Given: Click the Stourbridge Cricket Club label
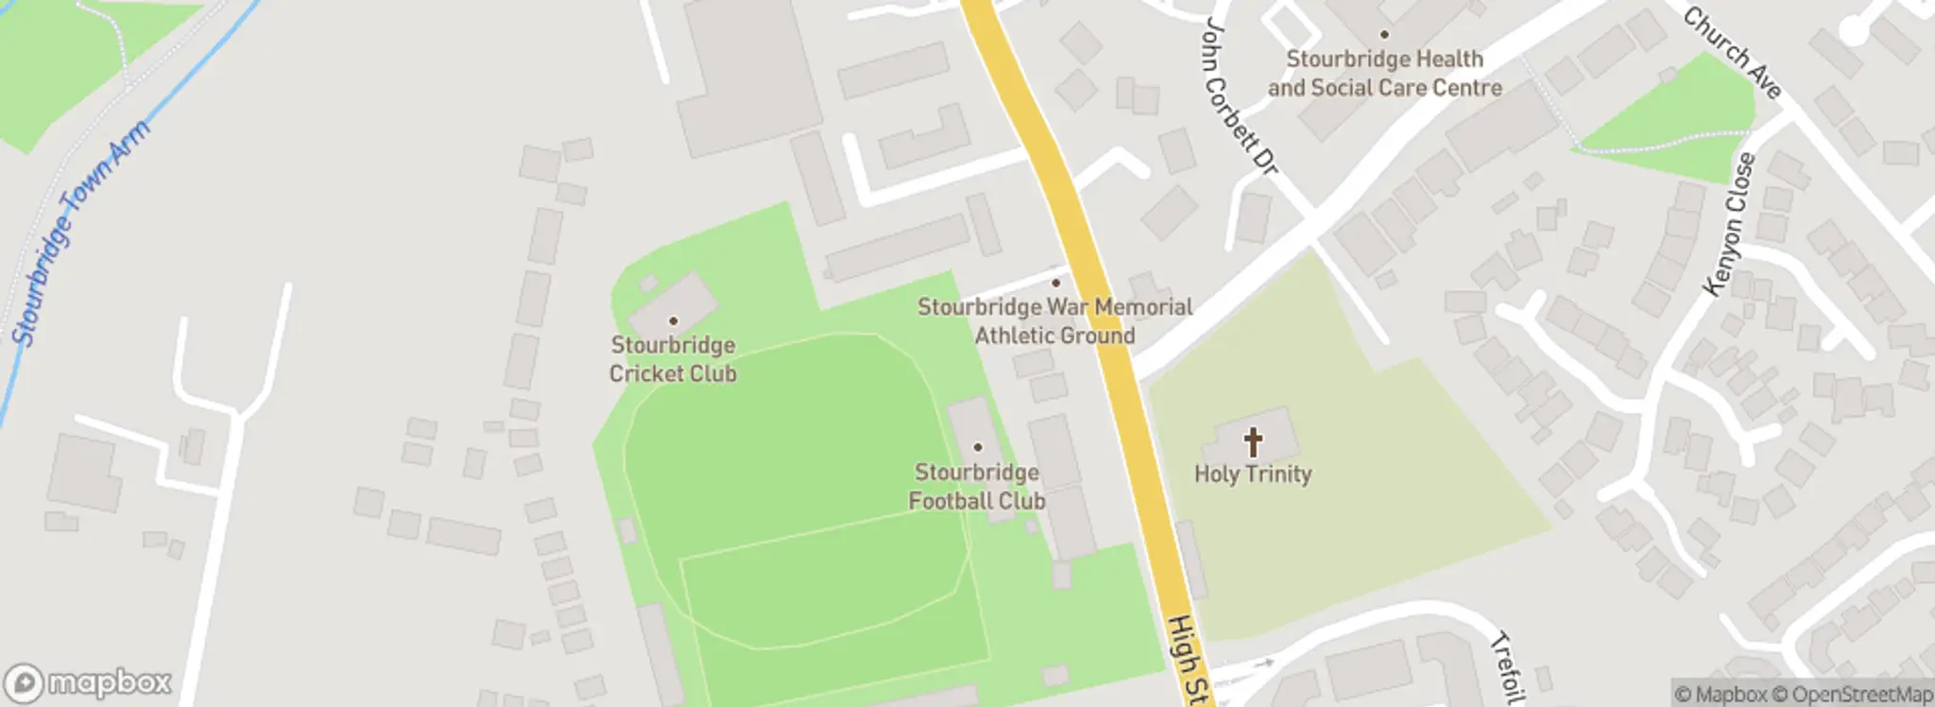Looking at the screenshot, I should (673, 359).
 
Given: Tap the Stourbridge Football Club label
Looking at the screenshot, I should (977, 487).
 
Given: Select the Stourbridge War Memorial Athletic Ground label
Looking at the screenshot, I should (1054, 321).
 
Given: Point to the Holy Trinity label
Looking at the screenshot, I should (1253, 474).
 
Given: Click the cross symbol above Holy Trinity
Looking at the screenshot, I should (1253, 441).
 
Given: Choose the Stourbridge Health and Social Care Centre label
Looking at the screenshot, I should (1384, 74).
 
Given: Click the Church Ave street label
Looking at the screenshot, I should (1732, 54).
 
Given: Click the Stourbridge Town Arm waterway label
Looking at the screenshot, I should (80, 232).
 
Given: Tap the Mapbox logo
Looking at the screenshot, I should (89, 682).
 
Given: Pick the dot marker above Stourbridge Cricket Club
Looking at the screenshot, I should (673, 321).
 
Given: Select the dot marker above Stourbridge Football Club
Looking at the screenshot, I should (978, 448).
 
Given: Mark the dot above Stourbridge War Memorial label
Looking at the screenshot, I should (1055, 283).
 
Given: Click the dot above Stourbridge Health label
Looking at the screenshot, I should (1384, 35).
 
